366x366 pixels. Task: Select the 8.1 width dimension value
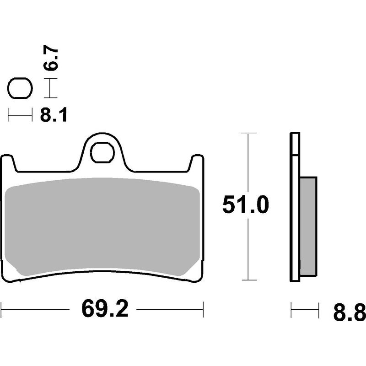54,115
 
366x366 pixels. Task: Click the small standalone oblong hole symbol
20,88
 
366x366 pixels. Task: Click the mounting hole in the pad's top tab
102,152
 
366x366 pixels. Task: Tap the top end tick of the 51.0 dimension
247,134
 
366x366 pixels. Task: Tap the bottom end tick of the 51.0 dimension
247,280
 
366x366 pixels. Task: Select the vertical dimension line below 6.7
50,88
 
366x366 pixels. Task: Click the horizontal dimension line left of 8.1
20,115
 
